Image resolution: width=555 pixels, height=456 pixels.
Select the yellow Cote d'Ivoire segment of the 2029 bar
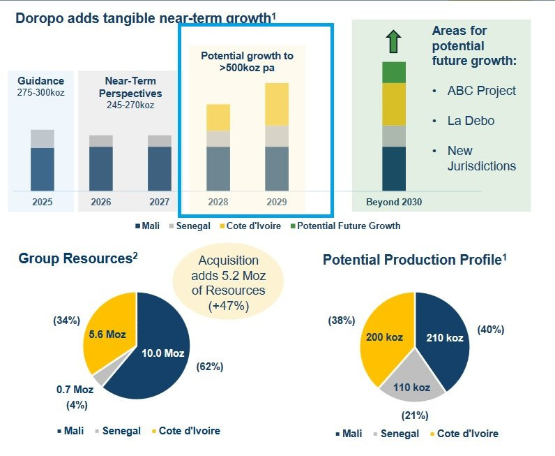click(x=277, y=104)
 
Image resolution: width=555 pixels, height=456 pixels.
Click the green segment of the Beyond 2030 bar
click(x=394, y=72)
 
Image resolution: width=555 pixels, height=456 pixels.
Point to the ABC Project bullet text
click(x=482, y=91)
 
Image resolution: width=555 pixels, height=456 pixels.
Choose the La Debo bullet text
click(x=471, y=121)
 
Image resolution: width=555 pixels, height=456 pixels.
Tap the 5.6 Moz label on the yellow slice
click(x=107, y=334)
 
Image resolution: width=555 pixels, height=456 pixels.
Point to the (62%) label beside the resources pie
click(x=210, y=366)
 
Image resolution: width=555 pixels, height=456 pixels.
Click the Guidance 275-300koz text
click(x=41, y=87)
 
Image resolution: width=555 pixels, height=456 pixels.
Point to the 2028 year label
click(x=218, y=203)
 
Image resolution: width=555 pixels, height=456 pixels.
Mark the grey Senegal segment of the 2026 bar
click(x=101, y=141)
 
